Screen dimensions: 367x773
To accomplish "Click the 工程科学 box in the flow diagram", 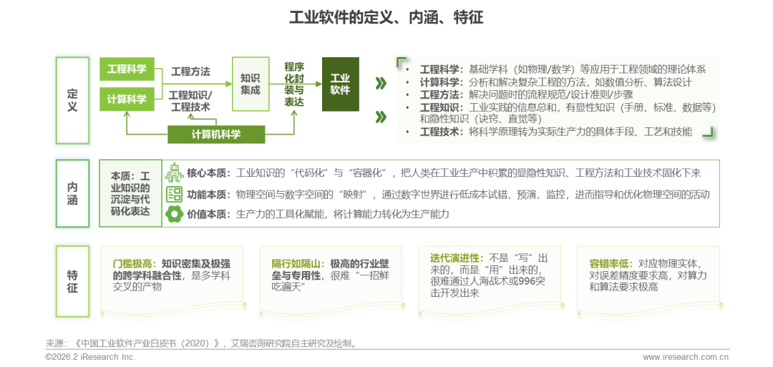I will [127, 69].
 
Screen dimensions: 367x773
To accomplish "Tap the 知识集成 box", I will [250, 84].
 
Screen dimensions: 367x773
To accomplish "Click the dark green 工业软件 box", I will [340, 84].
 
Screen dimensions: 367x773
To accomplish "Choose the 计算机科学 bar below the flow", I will [216, 134].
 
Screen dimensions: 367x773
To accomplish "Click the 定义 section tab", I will [72, 97].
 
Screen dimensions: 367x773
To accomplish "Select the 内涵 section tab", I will [72, 193].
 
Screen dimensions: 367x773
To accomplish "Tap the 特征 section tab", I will [72, 280].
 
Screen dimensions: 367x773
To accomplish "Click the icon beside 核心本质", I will [174, 173].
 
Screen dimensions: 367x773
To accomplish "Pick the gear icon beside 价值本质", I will [174, 213].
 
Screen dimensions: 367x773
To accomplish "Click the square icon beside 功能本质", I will [174, 194].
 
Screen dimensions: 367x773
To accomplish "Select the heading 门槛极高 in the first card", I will [131, 263].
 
